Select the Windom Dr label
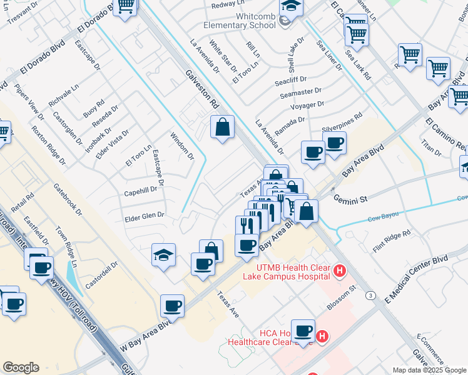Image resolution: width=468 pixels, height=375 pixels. pos(181,146)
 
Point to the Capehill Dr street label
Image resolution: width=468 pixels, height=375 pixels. pos(141,190)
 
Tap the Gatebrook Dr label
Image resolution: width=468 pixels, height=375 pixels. pos(68,199)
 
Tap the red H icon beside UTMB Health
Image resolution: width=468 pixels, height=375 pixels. pos(339,271)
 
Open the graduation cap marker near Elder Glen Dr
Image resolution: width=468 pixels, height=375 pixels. pos(163,255)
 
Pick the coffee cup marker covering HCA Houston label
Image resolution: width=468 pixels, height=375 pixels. pos(303,331)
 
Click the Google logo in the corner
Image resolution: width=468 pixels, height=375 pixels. pos(20,367)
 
